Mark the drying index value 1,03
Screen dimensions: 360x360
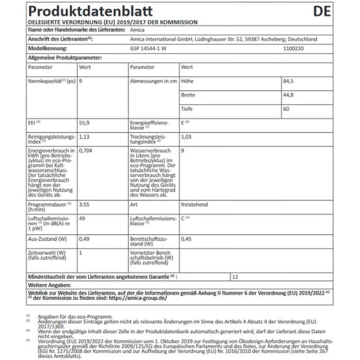click(x=187, y=137)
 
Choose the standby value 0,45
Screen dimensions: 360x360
click(x=187, y=238)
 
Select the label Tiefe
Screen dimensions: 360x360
click(x=188, y=109)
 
